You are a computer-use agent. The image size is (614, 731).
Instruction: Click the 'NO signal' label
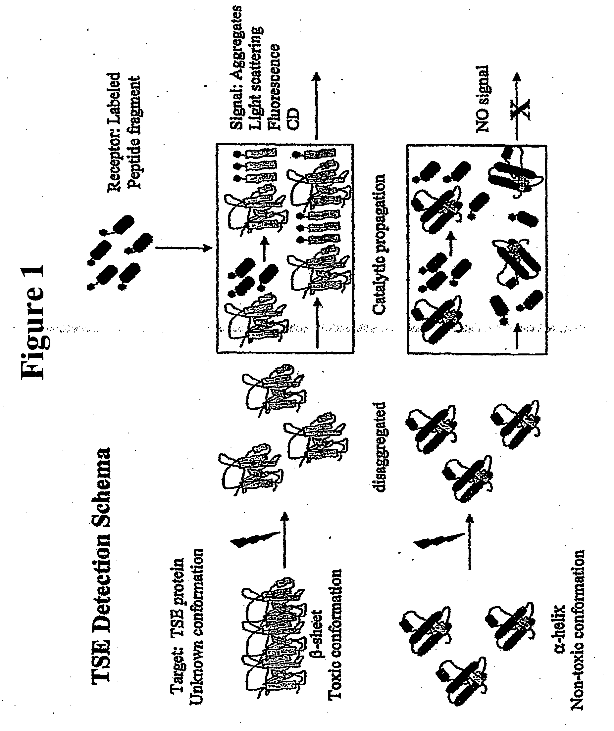[x=482, y=99]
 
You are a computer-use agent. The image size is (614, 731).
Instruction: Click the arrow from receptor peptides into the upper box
[x=183, y=248]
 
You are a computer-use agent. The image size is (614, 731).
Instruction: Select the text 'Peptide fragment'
[x=134, y=132]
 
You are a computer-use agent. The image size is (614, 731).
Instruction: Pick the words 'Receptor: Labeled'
[x=114, y=132]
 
